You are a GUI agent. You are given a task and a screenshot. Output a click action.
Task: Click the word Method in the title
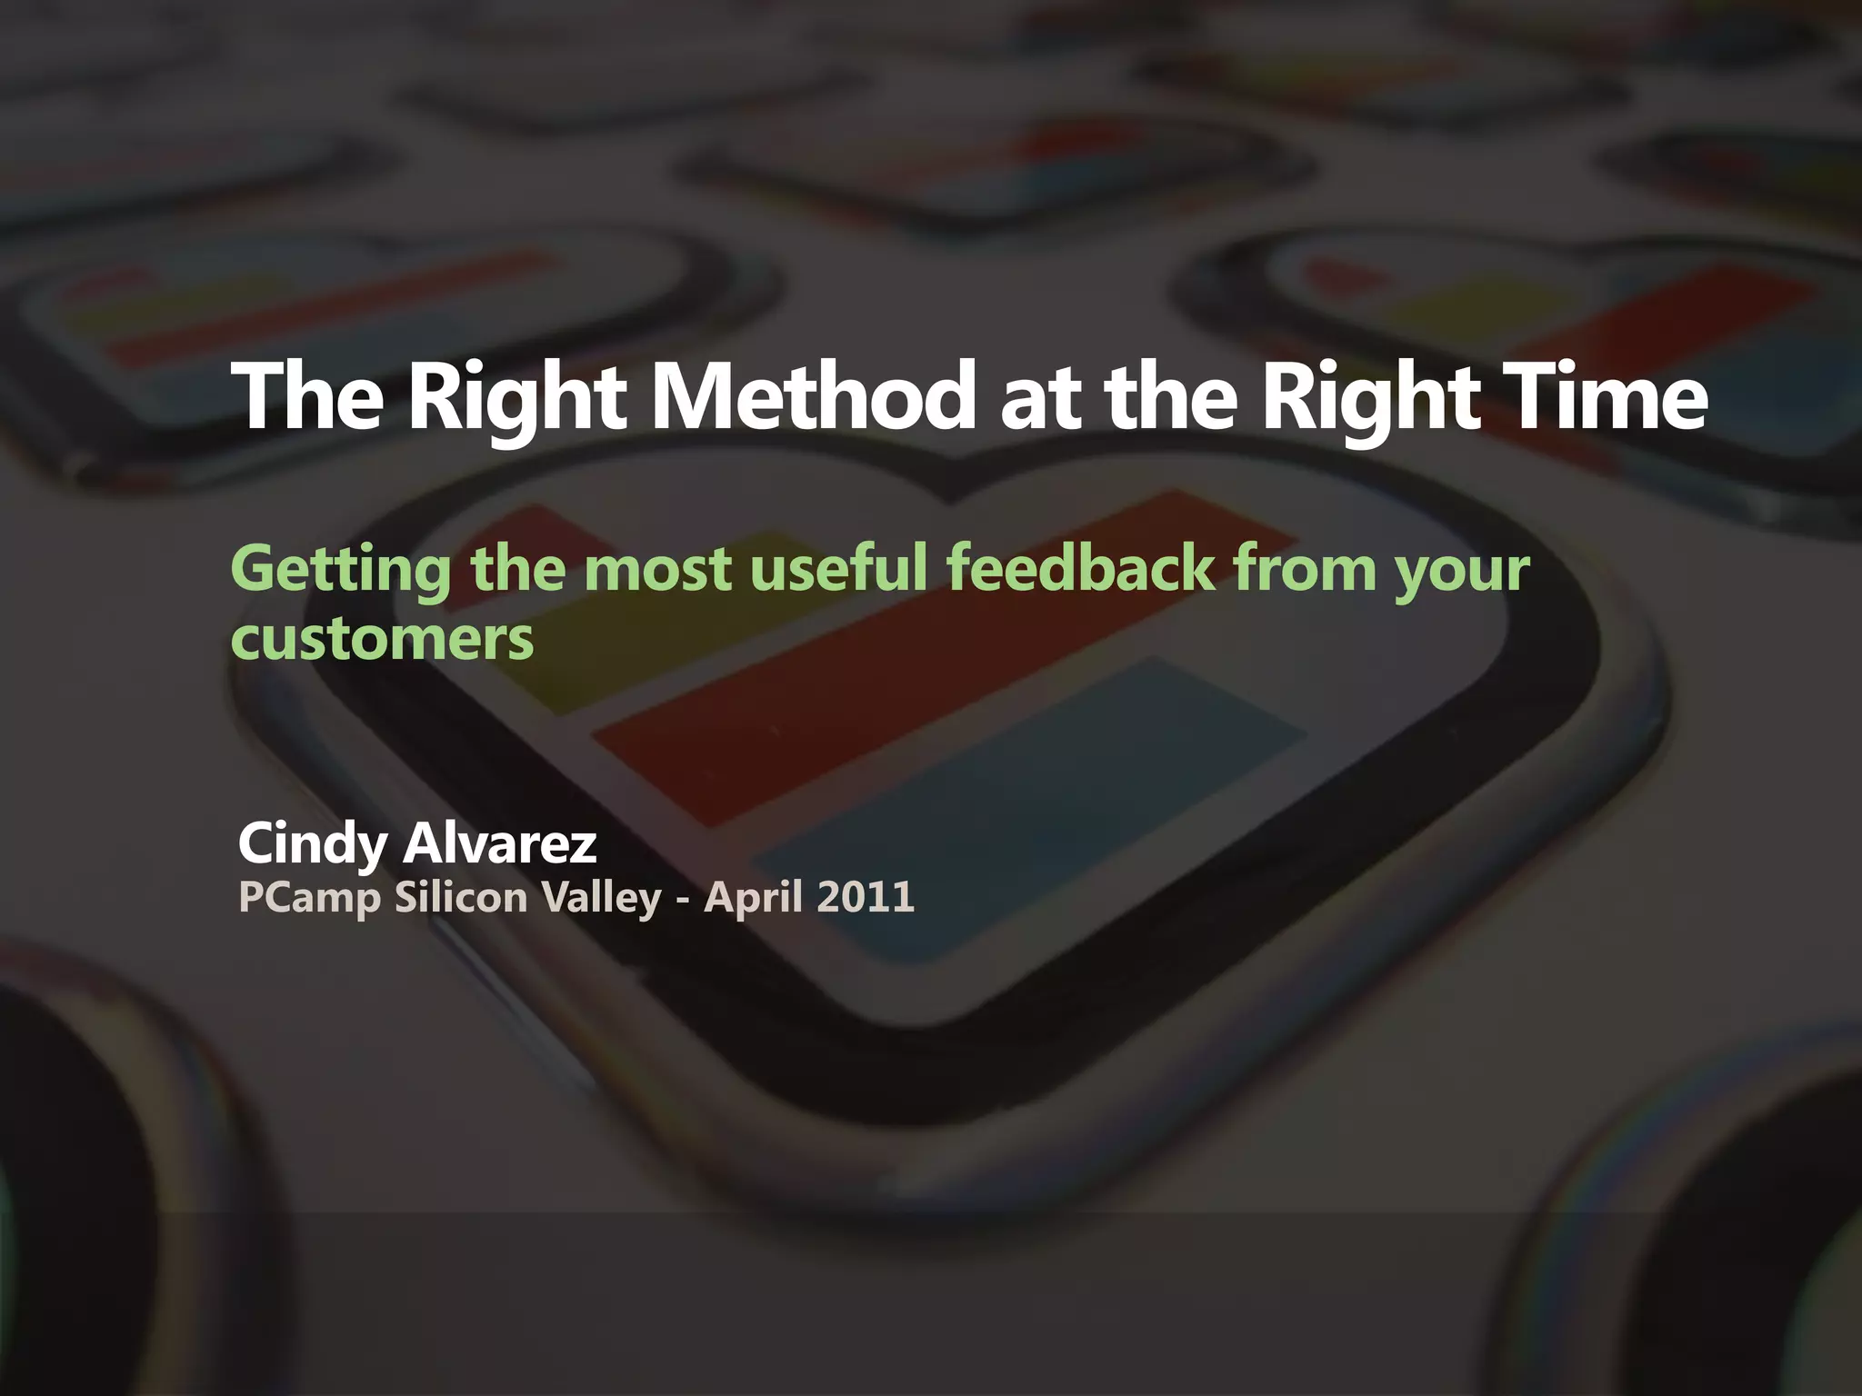[x=814, y=397]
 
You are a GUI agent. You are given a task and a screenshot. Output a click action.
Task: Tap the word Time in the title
[x=1599, y=397]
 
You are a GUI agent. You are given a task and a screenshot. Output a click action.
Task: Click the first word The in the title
[x=307, y=397]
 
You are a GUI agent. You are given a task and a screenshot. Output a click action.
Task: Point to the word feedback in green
[x=1080, y=568]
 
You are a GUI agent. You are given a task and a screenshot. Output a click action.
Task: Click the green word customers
[x=382, y=640]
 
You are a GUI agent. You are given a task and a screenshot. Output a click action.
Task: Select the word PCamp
[x=308, y=899]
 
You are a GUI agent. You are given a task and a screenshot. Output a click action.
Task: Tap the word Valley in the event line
[x=601, y=899]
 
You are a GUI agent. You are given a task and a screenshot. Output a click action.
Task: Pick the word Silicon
[x=460, y=897]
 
